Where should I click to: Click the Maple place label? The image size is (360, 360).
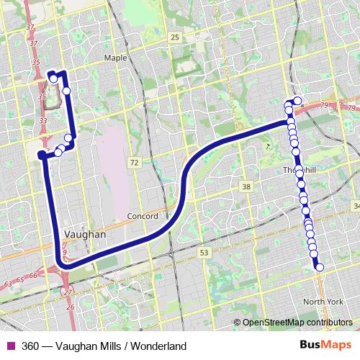click(115, 58)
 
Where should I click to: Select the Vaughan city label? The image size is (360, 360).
click(85, 235)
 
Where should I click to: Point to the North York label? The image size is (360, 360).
click(323, 301)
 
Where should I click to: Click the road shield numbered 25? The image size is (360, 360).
click(175, 37)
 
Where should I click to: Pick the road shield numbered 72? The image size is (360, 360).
click(135, 163)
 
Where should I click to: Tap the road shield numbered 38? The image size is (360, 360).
click(247, 187)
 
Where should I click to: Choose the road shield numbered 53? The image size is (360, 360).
click(204, 253)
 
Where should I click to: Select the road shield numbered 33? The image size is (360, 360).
click(43, 120)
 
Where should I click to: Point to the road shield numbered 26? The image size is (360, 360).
click(70, 307)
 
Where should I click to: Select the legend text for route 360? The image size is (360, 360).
click(104, 346)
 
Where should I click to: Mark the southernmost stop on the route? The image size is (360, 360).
click(320, 268)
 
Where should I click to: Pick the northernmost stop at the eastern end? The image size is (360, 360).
click(297, 100)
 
